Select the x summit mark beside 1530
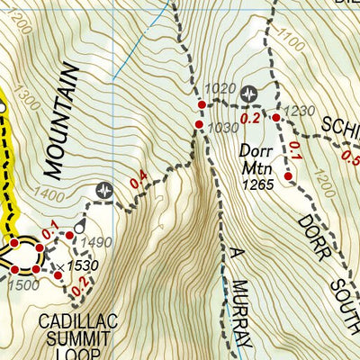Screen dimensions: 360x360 click(x=58, y=266)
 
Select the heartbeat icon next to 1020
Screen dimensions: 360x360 click(x=249, y=92)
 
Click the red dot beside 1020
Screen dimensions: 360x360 click(x=202, y=104)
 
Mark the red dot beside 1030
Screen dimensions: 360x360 click(x=199, y=124)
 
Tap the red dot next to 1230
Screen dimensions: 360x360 click(x=276, y=117)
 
